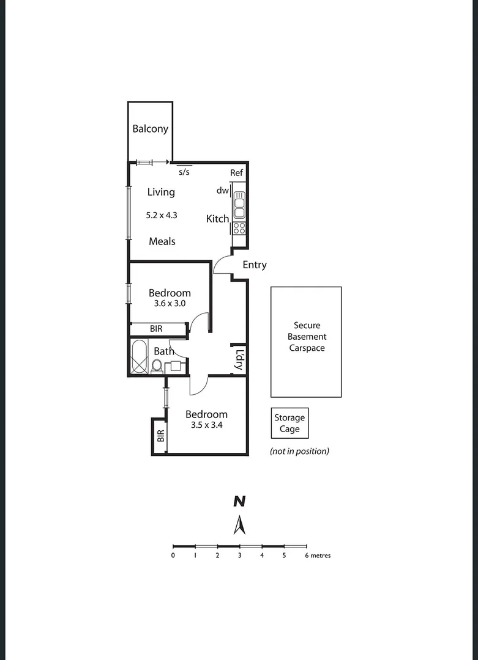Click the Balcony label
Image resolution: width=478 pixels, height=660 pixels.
coord(150,129)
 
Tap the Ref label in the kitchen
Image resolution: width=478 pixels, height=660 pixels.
coord(237,173)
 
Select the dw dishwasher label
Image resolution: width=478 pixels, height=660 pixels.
coord(222,191)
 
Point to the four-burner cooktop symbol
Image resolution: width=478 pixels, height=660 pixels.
coord(239,229)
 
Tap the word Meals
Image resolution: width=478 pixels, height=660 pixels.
coord(162,241)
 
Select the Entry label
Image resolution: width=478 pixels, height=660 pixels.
coord(255,265)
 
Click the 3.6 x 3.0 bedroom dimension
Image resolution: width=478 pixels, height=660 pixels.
coord(169,303)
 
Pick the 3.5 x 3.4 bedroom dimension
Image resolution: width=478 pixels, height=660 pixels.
coord(206,425)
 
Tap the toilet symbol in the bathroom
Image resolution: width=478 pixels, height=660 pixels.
coord(157,366)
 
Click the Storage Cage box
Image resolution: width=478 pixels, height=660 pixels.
coord(289,423)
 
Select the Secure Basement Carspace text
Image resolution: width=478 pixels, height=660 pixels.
coord(307,337)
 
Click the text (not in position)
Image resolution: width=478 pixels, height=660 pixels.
coord(300,451)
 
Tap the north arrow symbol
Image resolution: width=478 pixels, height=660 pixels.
coord(239,524)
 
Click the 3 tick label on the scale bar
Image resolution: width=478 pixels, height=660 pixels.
coord(239,555)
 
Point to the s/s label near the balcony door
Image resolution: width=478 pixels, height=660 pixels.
coord(184,172)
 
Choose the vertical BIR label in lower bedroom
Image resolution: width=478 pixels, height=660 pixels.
coord(160,436)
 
